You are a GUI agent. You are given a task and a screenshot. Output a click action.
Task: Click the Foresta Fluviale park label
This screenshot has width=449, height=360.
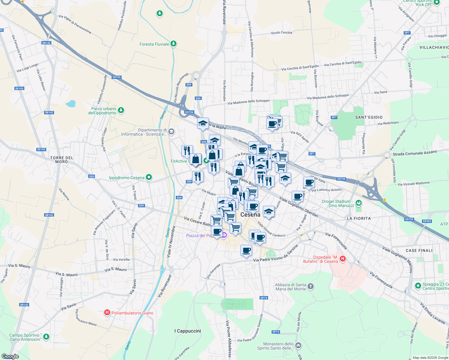click(x=154, y=44)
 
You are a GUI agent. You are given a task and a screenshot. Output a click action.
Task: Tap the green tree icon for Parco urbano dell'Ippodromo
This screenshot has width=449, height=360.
click(x=121, y=110)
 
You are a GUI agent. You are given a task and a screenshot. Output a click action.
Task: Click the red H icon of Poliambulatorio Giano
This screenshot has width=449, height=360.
click(x=107, y=313)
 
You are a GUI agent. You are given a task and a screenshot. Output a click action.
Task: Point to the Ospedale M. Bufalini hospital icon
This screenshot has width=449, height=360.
click(x=343, y=258)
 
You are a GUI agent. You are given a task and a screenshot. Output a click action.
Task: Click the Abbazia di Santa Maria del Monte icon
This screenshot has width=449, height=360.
click(x=311, y=286)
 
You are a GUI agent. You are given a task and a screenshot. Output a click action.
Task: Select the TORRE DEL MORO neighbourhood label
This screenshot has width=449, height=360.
click(x=62, y=160)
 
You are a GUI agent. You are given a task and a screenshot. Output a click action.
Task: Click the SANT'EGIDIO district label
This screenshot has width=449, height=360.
click(x=369, y=117)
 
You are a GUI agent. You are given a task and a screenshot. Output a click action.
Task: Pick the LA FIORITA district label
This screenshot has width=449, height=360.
click(x=359, y=218)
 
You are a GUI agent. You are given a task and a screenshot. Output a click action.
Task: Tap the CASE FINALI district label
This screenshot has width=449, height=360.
click(x=419, y=250)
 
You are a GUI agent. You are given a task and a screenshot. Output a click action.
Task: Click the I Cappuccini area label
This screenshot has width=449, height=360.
click(x=188, y=331)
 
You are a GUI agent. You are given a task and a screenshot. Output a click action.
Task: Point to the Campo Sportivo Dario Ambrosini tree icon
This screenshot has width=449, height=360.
click(x=46, y=337)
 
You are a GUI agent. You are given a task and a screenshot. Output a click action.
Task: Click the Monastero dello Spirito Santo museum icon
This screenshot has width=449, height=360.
click(x=298, y=346)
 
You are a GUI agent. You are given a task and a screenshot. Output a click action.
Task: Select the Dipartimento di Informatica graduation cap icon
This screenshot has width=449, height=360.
click(x=171, y=131)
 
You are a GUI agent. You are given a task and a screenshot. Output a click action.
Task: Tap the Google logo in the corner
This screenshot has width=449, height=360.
click(x=10, y=356)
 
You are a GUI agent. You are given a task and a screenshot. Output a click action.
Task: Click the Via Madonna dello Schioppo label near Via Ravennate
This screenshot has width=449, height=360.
click(x=249, y=102)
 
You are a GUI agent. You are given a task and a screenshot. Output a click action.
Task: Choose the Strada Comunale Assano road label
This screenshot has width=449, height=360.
click(x=415, y=153)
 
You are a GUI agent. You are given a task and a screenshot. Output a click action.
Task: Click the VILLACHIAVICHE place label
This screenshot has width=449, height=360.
click(x=434, y=47)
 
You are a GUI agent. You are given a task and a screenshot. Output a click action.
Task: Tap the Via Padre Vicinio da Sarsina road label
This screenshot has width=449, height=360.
click(x=275, y=254)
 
